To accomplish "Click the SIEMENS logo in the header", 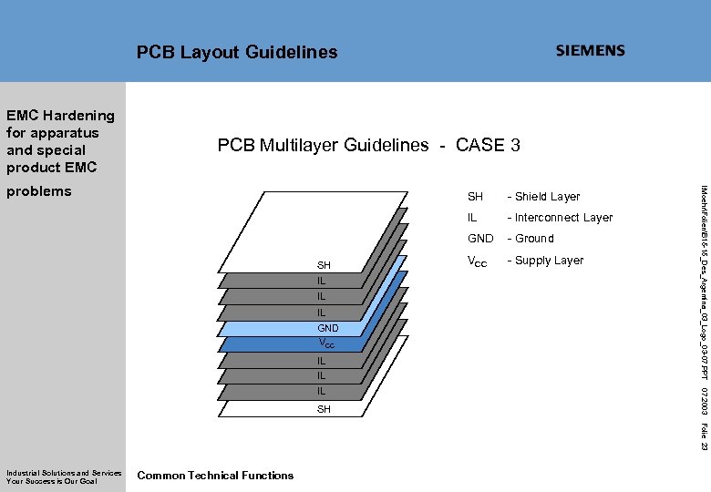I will point(590,51).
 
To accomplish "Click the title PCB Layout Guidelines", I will point(237,53).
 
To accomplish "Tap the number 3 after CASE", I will point(515,145).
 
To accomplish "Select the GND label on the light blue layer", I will point(327,328).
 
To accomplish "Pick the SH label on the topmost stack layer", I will point(324,265).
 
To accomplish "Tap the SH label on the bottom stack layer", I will point(324,410).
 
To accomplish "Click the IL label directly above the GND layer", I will point(322,313).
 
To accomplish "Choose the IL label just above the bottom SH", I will point(322,392).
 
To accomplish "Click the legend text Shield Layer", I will point(548,197).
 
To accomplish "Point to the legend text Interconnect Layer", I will point(564,218).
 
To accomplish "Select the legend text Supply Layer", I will point(550,261).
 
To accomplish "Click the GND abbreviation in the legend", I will point(479,239).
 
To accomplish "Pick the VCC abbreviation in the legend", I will point(477,261).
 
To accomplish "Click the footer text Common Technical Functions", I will point(215,476).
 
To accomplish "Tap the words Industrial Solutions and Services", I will point(64,473).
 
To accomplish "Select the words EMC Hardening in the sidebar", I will point(60,116).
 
